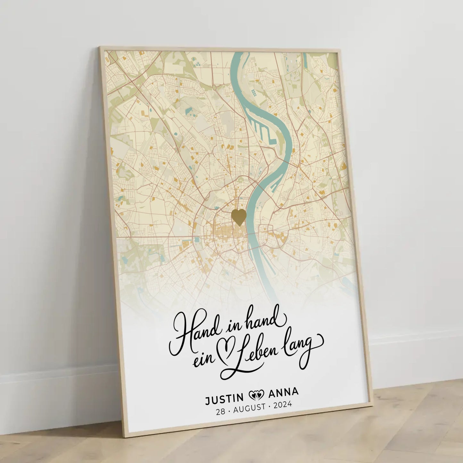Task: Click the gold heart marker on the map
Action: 239,217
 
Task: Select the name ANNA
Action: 283,392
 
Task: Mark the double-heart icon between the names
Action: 256,395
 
